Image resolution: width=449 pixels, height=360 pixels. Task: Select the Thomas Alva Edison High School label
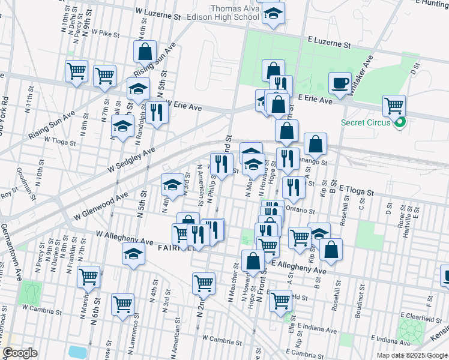coord(234,13)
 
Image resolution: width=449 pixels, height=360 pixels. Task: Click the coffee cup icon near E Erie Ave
coord(340,83)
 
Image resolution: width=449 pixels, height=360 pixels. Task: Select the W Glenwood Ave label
coord(101,205)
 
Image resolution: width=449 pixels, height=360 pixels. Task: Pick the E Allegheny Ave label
coord(299,268)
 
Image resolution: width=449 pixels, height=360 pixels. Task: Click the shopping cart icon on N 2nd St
coord(204,282)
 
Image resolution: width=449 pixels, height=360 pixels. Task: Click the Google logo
coord(20,353)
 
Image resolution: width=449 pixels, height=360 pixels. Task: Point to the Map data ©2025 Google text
coord(411,355)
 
